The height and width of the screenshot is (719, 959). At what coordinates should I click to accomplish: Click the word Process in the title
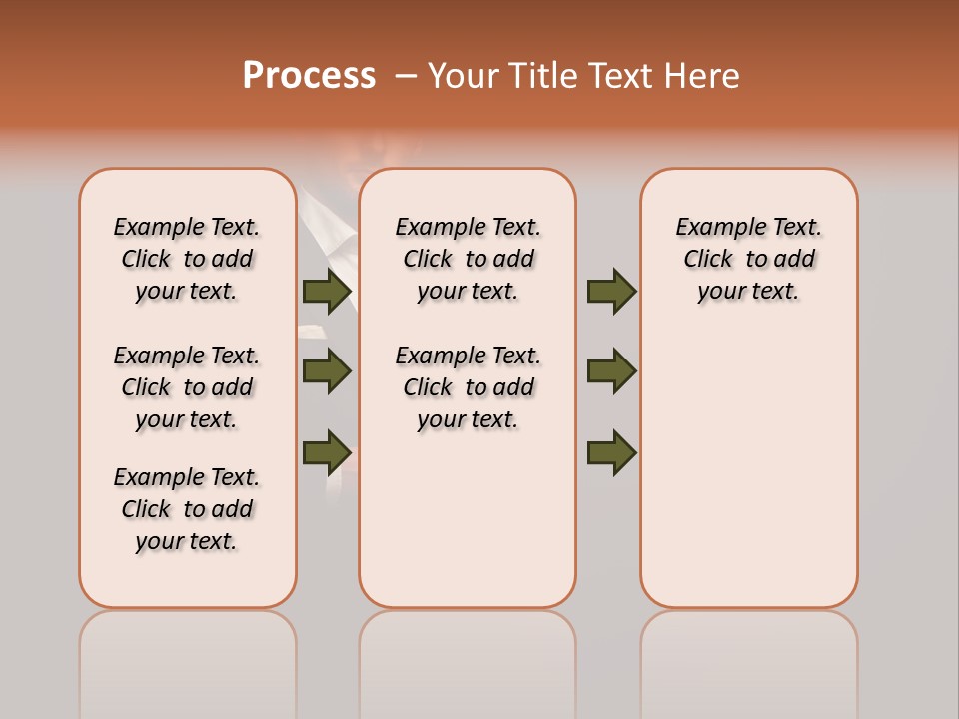[x=309, y=76]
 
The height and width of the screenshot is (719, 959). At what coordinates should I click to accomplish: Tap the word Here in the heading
[x=703, y=76]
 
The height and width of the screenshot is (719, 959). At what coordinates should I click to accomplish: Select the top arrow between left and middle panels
[x=327, y=291]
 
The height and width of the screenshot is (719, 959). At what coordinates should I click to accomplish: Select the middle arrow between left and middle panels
[x=327, y=371]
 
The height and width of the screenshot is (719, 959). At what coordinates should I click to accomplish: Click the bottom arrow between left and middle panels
[x=327, y=451]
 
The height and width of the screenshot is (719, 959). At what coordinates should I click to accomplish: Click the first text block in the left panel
[x=187, y=259]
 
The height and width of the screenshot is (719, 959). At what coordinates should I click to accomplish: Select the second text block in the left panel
[x=187, y=387]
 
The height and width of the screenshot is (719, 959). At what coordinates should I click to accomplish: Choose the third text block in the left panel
[x=187, y=509]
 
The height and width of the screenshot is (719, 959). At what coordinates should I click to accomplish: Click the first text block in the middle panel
[x=468, y=259]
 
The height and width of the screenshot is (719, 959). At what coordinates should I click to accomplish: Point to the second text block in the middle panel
[x=468, y=387]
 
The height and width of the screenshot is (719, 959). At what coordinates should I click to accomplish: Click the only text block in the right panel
[x=748, y=259]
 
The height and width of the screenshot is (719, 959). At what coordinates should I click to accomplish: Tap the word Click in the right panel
[x=708, y=260]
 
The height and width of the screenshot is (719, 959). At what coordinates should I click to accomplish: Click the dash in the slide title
[x=406, y=76]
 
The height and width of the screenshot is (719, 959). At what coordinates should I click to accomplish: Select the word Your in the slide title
[x=465, y=76]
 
